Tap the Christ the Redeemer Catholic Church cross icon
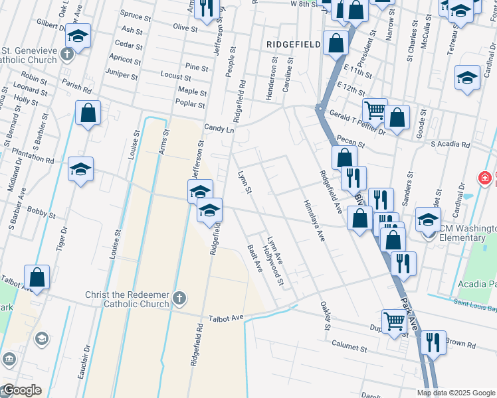[x=178, y=298]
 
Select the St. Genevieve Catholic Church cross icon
[x=67, y=53]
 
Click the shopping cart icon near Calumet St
[x=395, y=321]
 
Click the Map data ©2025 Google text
[x=456, y=393]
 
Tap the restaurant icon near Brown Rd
[x=433, y=343]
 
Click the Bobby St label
[x=42, y=214]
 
